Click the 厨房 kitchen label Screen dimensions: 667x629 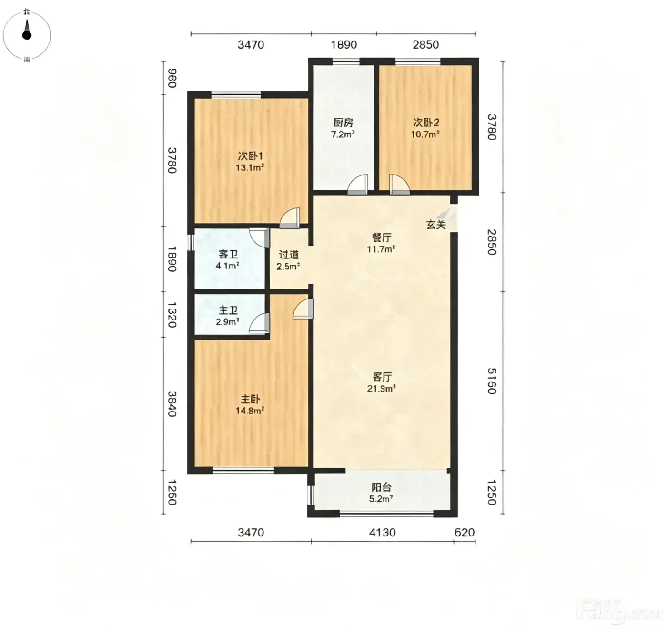[343, 123]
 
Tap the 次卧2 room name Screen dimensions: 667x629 [426, 123]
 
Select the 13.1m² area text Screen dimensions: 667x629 [250, 167]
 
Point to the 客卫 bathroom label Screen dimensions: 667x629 [228, 254]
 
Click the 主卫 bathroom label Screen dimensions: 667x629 [228, 310]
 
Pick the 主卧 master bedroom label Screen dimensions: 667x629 [250, 399]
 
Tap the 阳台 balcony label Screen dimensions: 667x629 [382, 487]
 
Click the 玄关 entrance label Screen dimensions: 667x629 [436, 225]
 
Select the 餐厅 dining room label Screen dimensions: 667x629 [382, 237]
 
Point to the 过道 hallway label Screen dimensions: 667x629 [289, 255]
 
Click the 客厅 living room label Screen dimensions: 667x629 [382, 377]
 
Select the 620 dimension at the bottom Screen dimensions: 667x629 [465, 533]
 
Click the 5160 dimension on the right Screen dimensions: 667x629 [492, 381]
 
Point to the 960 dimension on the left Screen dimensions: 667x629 [172, 78]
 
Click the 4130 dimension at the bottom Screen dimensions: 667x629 [383, 533]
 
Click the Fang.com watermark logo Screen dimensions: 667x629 [621, 612]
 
